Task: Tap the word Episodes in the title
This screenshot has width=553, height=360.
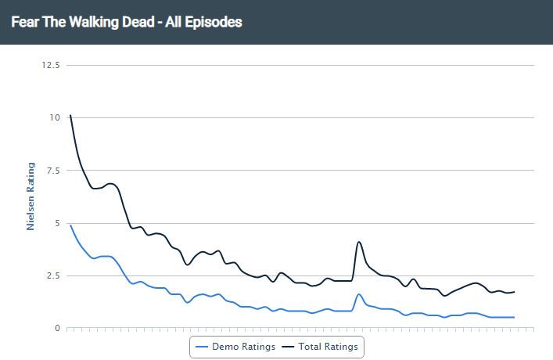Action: tap(214, 22)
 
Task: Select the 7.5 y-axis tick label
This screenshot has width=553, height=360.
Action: tap(52, 171)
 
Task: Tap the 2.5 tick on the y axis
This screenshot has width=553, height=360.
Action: tap(52, 275)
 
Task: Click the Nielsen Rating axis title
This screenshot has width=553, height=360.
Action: tap(31, 196)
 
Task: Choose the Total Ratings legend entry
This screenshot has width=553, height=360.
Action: tap(322, 347)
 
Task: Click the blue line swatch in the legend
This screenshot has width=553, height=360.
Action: tap(201, 347)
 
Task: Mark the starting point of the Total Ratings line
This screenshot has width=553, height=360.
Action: tap(70, 115)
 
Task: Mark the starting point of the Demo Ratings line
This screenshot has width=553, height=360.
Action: tap(70, 225)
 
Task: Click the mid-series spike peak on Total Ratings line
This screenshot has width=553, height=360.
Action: tap(358, 242)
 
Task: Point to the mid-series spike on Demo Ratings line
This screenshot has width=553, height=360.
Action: tap(358, 294)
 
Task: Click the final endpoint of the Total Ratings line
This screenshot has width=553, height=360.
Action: tap(514, 292)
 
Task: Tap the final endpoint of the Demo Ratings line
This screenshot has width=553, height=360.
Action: tap(514, 317)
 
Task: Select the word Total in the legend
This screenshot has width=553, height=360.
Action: tap(312, 347)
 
